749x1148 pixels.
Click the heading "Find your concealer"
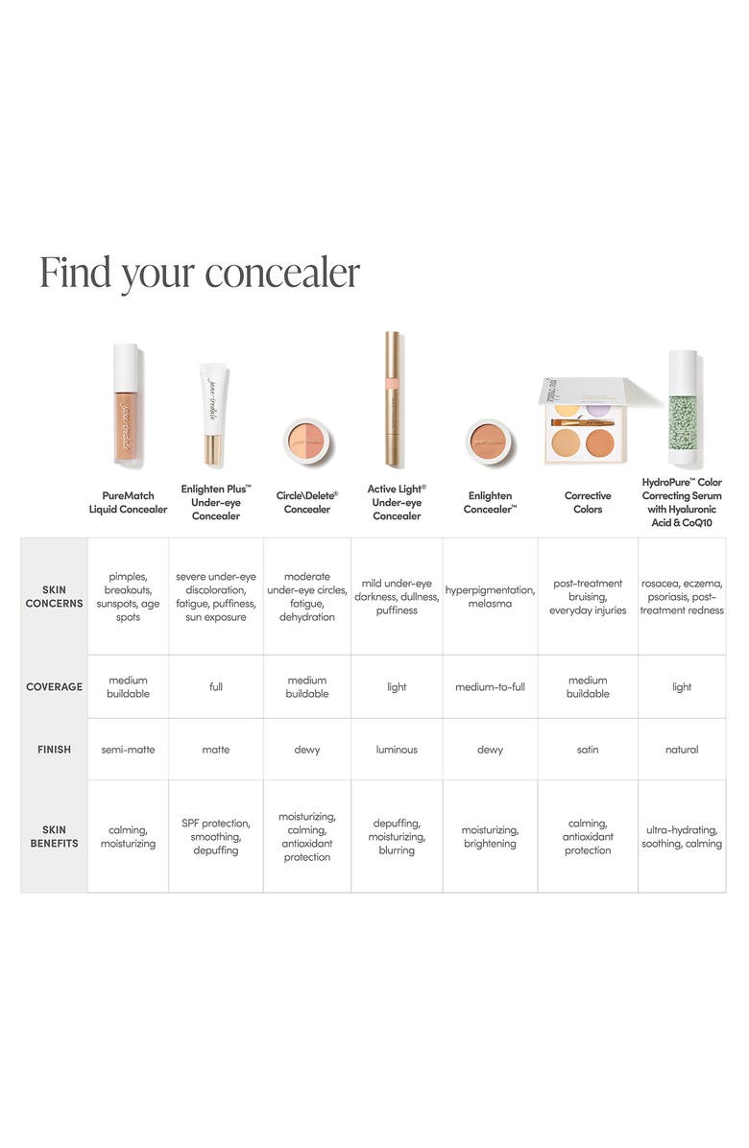pyautogui.click(x=200, y=274)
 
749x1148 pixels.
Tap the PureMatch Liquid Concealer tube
pyautogui.click(x=126, y=403)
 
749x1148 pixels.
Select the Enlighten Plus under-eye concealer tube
pyautogui.click(x=213, y=413)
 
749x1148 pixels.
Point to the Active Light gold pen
pyautogui.click(x=392, y=398)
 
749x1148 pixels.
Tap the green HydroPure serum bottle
pyautogui.click(x=683, y=407)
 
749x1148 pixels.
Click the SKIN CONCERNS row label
pyautogui.click(x=55, y=597)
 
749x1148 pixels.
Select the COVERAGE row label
pyautogui.click(x=55, y=687)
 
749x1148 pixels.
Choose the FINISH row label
pyautogui.click(x=55, y=750)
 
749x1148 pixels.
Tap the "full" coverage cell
pyautogui.click(x=216, y=687)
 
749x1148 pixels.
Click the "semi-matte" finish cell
pyautogui.click(x=128, y=750)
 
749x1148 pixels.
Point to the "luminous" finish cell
pyautogui.click(x=397, y=750)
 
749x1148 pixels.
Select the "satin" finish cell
pyautogui.click(x=588, y=750)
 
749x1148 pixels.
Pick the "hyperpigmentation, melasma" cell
pyautogui.click(x=490, y=597)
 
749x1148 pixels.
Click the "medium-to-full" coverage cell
pyautogui.click(x=490, y=687)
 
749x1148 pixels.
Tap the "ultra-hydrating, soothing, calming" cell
pyautogui.click(x=682, y=837)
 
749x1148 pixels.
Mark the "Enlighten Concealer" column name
pyautogui.click(x=490, y=502)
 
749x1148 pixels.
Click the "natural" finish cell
pyautogui.click(x=682, y=750)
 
